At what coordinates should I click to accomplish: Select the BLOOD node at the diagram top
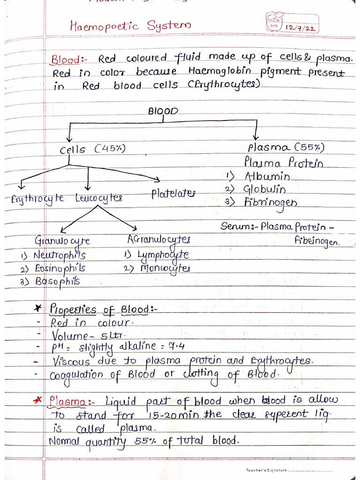pyautogui.click(x=163, y=112)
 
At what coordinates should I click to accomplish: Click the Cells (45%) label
pyautogui.click(x=92, y=150)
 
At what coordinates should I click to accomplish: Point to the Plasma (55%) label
pyautogui.click(x=286, y=147)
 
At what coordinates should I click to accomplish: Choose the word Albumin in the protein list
pyautogui.click(x=267, y=177)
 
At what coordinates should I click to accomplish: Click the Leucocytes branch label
pyautogui.click(x=98, y=198)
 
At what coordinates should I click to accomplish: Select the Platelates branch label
pyautogui.click(x=173, y=194)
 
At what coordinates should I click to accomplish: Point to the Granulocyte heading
pyautogui.click(x=62, y=241)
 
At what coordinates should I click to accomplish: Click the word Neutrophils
pyautogui.click(x=60, y=256)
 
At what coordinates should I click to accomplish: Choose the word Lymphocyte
pyautogui.click(x=163, y=255)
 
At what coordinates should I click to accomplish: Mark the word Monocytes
pyautogui.click(x=164, y=269)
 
